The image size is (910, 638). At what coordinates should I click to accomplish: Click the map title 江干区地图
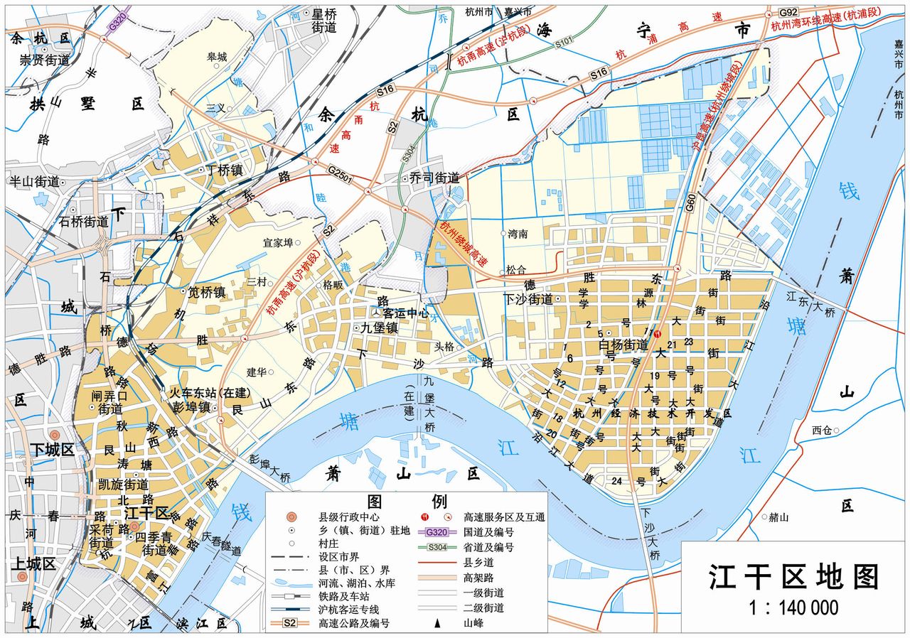(x=793, y=577)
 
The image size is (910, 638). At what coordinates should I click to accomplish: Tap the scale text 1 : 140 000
(x=793, y=608)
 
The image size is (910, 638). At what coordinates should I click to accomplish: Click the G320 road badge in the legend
(x=437, y=532)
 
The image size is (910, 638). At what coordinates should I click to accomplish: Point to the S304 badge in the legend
(x=437, y=547)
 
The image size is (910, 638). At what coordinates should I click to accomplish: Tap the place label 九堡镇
(x=378, y=328)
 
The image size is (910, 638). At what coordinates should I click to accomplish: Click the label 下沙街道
(x=528, y=299)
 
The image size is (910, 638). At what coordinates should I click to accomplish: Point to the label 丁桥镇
(x=224, y=170)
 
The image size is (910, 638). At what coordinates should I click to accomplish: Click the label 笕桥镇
(x=206, y=291)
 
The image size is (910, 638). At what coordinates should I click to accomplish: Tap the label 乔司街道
(x=434, y=178)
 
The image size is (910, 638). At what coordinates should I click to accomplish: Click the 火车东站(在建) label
(x=203, y=393)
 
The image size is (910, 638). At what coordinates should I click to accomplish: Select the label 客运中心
(x=405, y=312)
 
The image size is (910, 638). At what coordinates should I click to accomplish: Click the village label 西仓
(x=821, y=430)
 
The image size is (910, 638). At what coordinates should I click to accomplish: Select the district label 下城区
(x=52, y=450)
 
